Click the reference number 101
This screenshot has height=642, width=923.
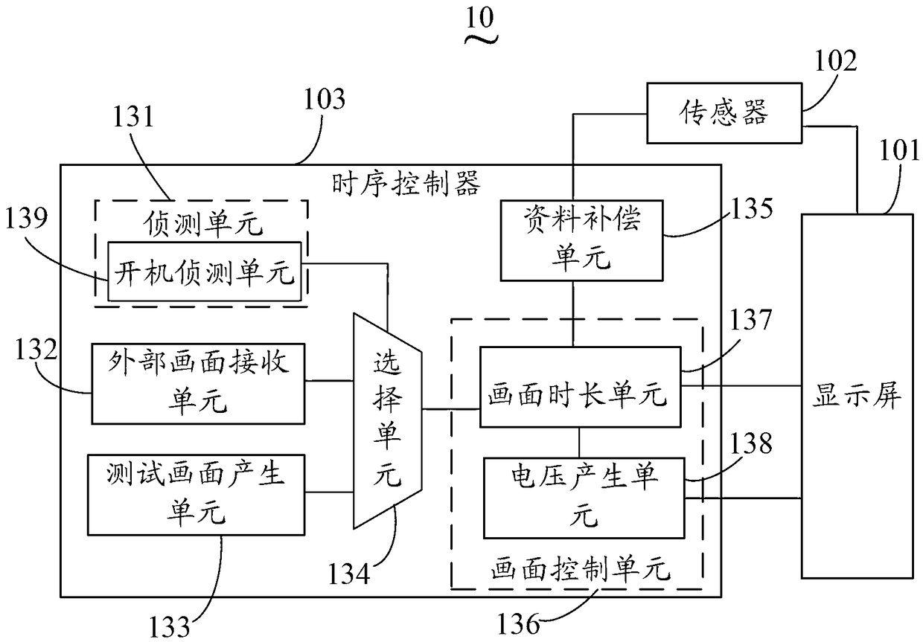[x=899, y=150]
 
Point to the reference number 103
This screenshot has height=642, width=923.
[x=325, y=99]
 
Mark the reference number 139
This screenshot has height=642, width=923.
[x=26, y=218]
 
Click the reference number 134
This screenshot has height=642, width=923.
[x=348, y=574]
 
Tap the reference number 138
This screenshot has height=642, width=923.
[x=751, y=443]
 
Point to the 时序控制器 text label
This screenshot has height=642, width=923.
[x=406, y=184]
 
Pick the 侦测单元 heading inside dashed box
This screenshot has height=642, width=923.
[x=202, y=225]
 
